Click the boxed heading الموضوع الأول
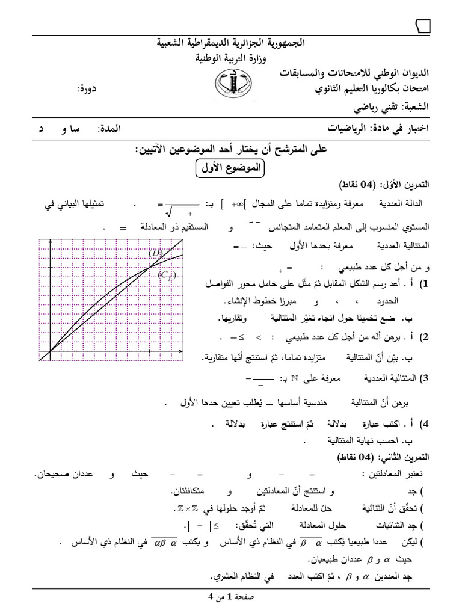pos(230,168)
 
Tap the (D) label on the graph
pos(156,253)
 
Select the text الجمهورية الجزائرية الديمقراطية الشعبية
pos(231,44)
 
